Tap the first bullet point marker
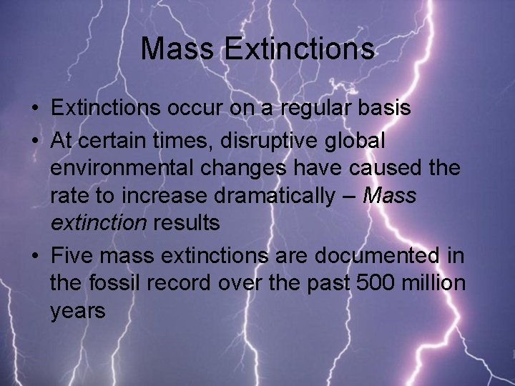(x=34, y=110)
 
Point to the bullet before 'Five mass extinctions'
(x=34, y=256)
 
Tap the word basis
(x=385, y=109)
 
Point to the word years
(x=78, y=312)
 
